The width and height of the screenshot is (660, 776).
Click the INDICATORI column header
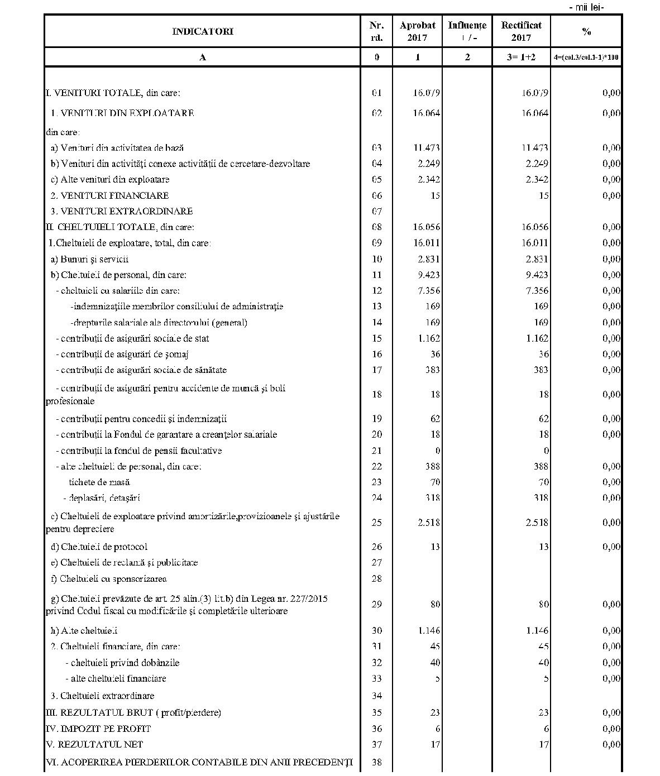tap(202, 31)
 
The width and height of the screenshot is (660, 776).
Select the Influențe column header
tap(467, 26)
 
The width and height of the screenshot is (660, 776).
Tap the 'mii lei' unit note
tap(586, 7)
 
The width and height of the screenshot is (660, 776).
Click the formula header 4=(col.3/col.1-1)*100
tap(586, 57)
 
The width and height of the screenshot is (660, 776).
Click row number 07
tap(377, 211)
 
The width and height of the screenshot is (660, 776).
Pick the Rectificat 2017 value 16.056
tap(534, 227)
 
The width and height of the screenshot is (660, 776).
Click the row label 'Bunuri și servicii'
tap(89, 259)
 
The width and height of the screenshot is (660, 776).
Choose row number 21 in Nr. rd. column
tap(377, 451)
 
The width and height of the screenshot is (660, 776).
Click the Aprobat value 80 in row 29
tap(435, 604)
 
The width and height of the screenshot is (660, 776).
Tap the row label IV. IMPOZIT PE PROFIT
tap(98, 729)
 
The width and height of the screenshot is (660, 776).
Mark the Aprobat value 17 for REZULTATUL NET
tap(435, 744)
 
